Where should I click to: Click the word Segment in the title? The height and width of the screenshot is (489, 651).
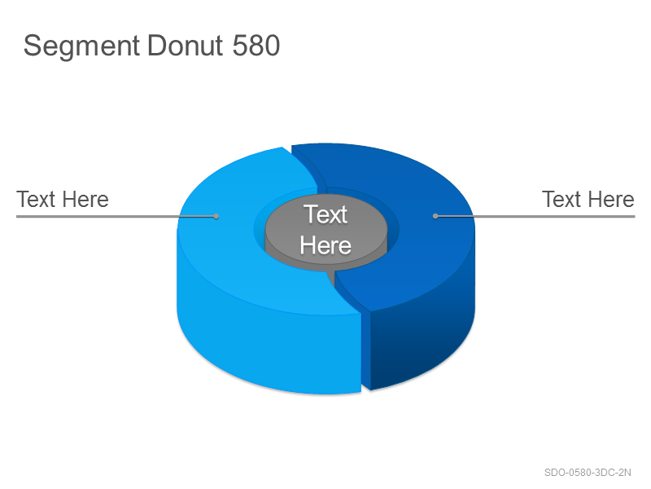81,46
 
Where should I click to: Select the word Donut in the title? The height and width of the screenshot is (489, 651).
186,46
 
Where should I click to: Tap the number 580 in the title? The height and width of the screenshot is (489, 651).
256,46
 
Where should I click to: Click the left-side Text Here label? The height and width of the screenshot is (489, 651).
63,199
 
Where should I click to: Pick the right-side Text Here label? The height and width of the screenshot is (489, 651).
588,199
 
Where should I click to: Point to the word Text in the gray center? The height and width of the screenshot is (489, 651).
325,214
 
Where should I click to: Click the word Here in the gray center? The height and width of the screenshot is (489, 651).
325,245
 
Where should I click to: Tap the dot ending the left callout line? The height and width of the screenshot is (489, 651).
216,216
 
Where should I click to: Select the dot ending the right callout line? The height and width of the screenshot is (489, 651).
435,216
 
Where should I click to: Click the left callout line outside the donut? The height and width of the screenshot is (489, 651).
97,216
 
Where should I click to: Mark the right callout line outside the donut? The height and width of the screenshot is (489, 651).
554,216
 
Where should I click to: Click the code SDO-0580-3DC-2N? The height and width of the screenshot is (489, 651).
588,473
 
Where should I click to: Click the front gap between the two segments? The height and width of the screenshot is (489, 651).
365,350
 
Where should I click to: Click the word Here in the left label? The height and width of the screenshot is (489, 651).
86,199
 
